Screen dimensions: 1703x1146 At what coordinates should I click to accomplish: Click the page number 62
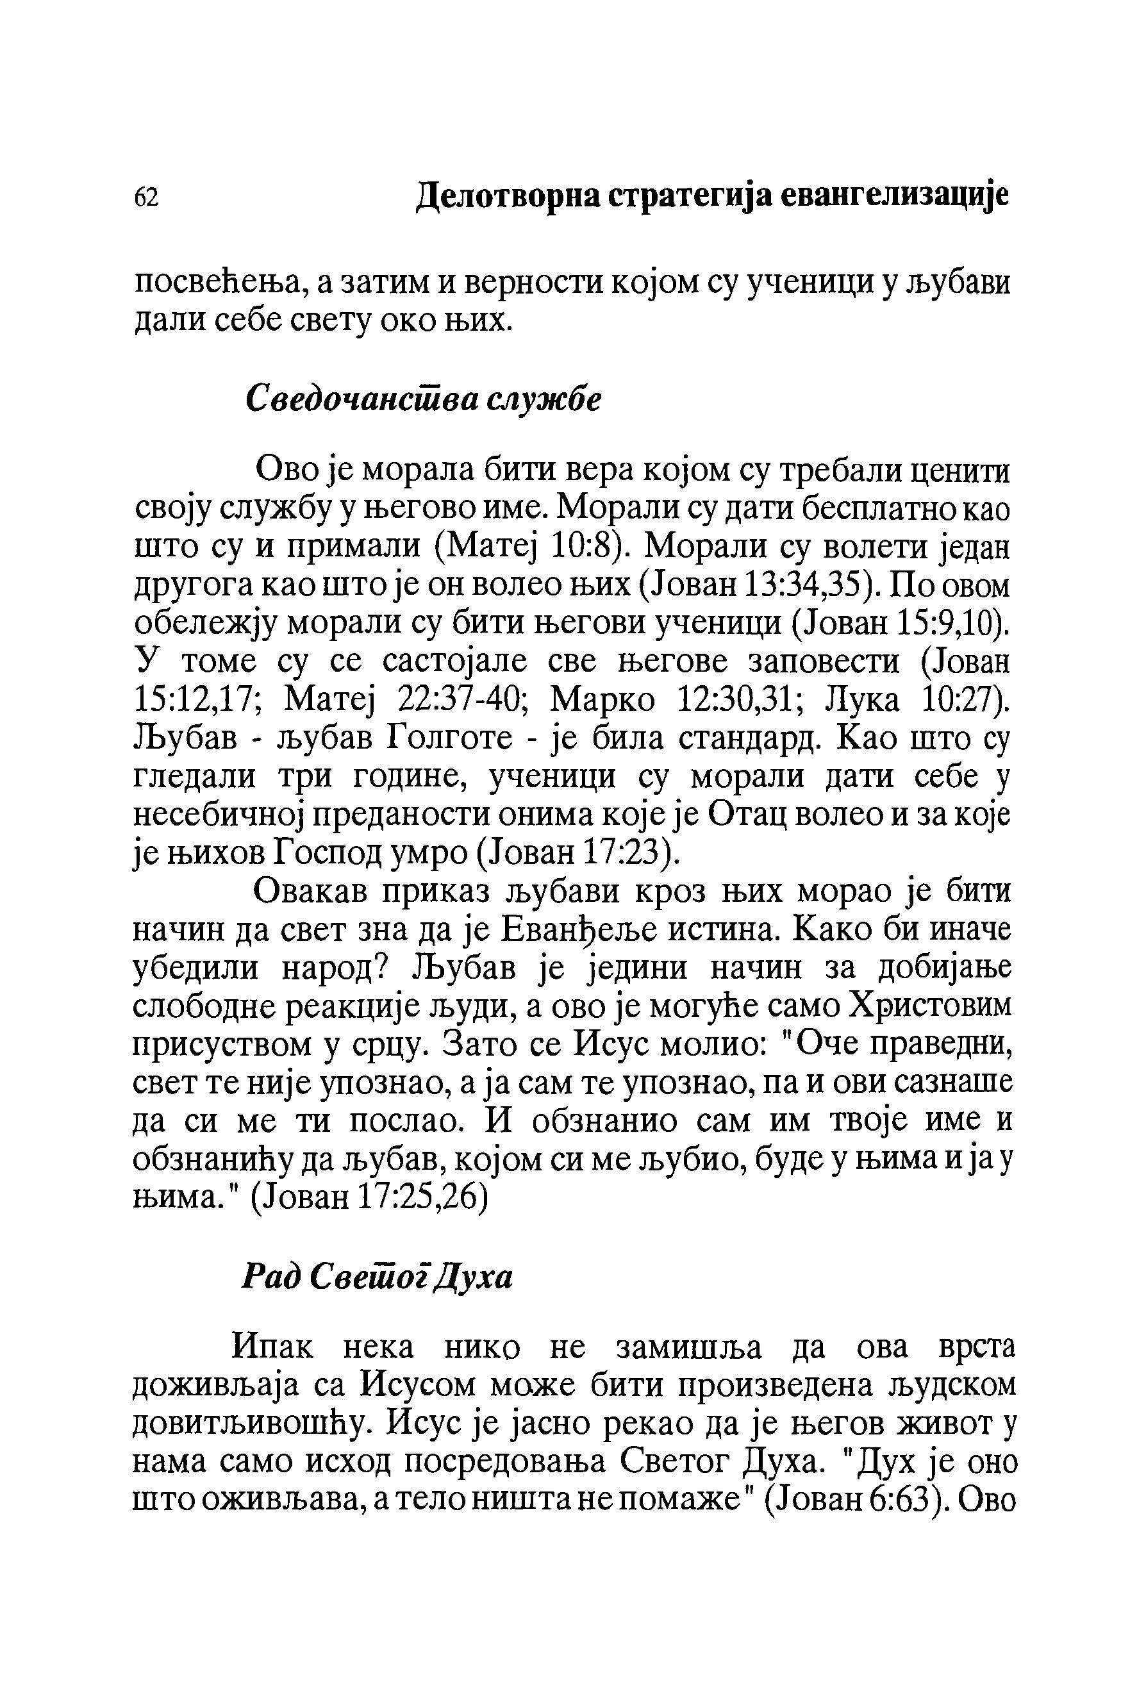tap(146, 197)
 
